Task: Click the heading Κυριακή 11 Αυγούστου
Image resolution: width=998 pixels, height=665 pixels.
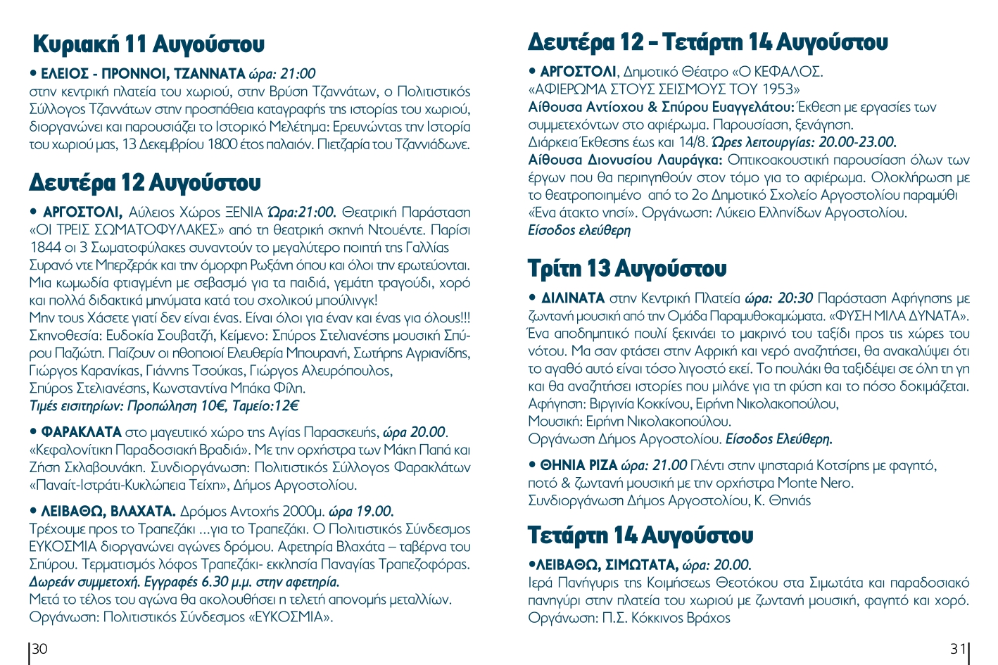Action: (149, 44)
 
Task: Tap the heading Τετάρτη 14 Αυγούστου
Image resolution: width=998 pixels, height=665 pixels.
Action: (640, 536)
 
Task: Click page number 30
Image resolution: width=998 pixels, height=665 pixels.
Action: (40, 649)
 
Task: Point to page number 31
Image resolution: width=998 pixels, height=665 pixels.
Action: (958, 649)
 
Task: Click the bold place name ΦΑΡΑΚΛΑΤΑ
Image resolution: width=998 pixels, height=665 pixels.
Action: (82, 432)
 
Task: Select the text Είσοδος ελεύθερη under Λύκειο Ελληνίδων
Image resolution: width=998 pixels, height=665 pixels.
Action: (579, 231)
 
